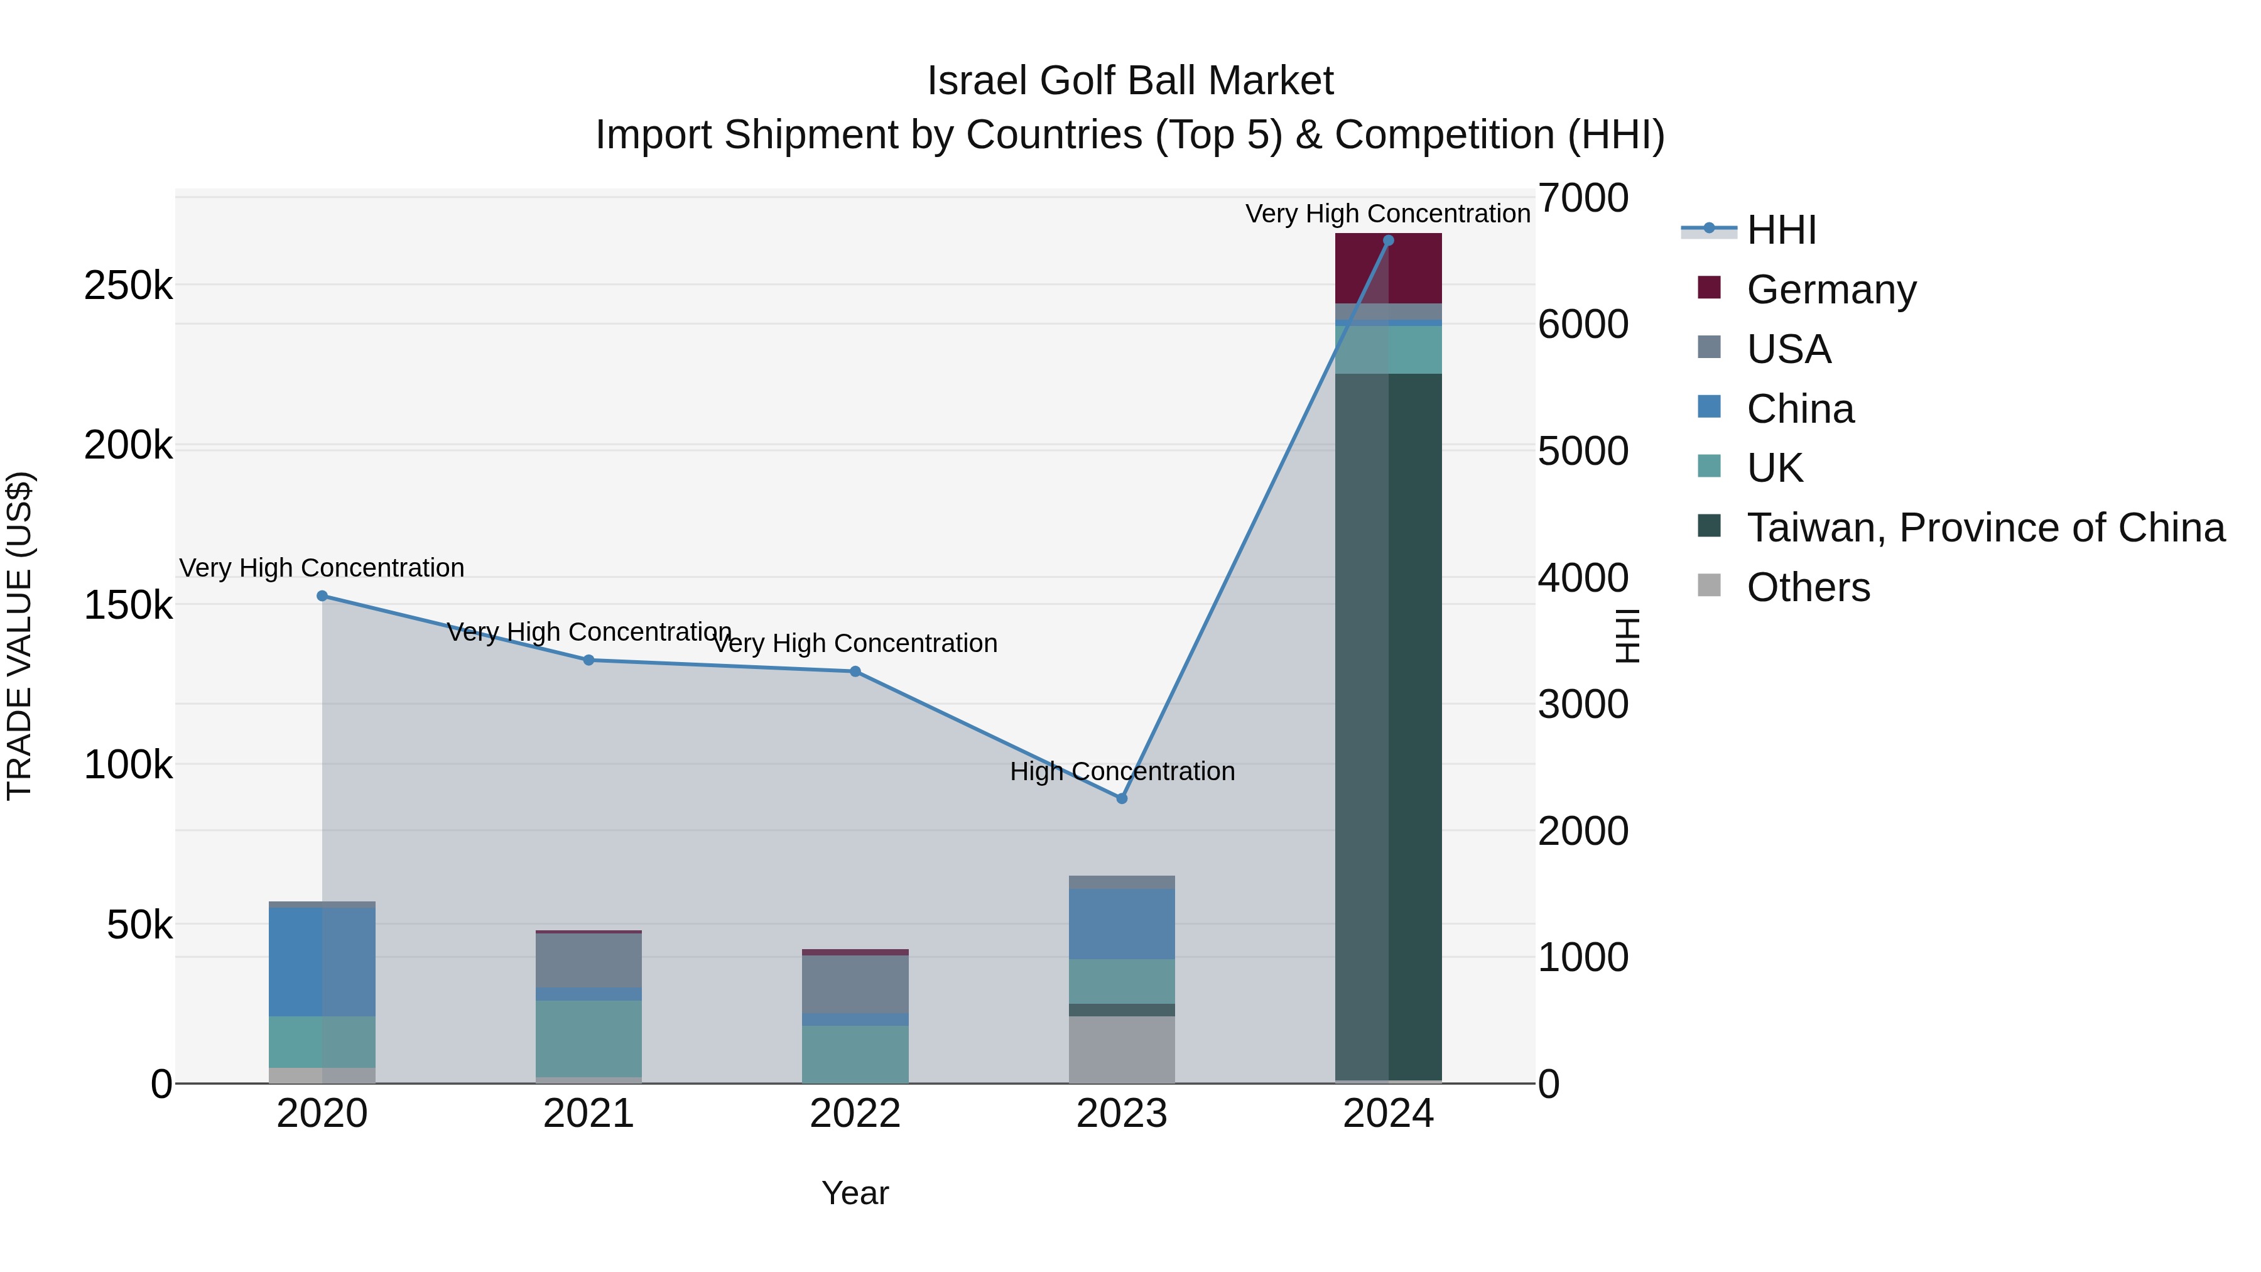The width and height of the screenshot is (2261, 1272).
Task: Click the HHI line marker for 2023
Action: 1121,798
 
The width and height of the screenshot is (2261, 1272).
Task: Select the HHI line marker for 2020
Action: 322,596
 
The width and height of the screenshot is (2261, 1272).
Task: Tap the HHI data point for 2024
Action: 1387,241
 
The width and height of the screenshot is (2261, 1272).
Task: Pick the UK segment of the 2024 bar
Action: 1387,349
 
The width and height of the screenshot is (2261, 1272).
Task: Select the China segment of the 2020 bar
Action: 322,962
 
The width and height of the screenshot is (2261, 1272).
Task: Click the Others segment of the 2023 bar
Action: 1121,1049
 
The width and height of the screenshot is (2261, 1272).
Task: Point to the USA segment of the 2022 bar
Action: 855,984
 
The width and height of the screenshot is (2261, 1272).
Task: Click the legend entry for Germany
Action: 1830,290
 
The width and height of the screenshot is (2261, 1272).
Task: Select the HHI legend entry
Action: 1780,230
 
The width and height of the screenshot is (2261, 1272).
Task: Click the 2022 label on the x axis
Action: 855,1114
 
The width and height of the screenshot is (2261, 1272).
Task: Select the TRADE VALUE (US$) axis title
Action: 19,636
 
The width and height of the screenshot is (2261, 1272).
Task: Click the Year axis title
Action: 855,1193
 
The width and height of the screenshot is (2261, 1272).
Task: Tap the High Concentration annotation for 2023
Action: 1122,771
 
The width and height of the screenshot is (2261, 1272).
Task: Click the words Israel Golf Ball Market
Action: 1130,81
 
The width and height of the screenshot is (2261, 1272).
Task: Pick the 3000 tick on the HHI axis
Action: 1583,705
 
